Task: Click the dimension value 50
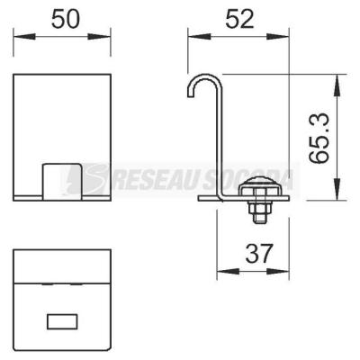tap(66, 19)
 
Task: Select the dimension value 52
tap(239, 19)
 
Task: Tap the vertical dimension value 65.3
tap(319, 138)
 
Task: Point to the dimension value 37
tap(258, 253)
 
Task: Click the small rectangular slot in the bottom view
tap(62, 321)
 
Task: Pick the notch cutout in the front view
tap(62, 182)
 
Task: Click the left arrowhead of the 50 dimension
tap(24, 37)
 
